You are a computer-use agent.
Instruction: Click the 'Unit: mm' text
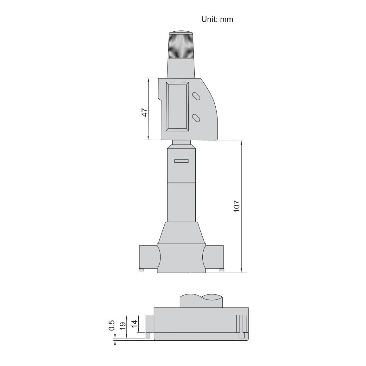217,19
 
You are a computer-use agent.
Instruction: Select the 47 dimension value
145,112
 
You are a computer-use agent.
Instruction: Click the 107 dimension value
237,206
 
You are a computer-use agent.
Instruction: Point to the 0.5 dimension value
112,326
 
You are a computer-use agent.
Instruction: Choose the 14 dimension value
135,324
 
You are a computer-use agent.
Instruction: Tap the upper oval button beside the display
196,96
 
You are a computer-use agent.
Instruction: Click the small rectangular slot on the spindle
181,161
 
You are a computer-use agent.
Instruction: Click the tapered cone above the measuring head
181,232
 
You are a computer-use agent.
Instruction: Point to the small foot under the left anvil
141,270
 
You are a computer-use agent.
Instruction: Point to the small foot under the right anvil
221,270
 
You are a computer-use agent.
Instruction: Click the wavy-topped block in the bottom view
201,301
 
